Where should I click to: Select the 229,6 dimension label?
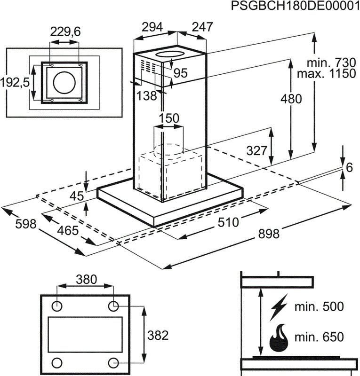(65, 31)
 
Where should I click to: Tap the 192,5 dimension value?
(15, 82)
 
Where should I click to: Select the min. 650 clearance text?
(319, 337)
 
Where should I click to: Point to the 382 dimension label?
(158, 336)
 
